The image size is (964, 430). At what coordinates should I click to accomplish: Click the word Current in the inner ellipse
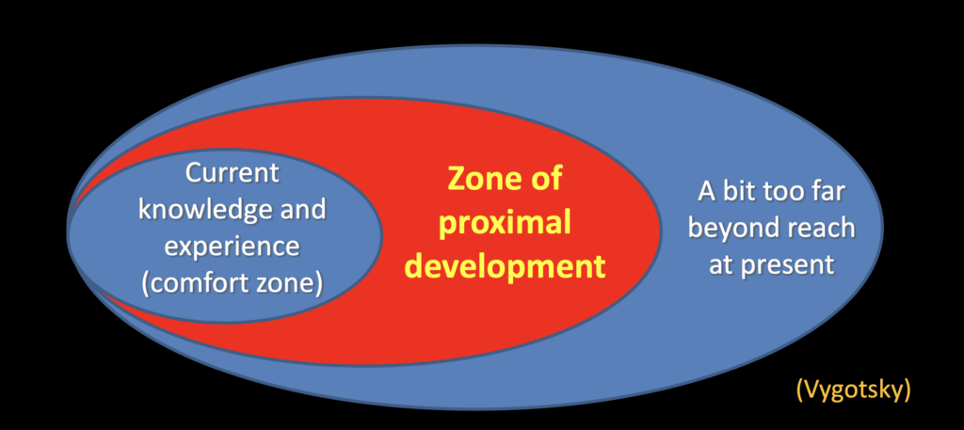pyautogui.click(x=232, y=173)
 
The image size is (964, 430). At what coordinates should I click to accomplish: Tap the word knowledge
pyautogui.click(x=197, y=211)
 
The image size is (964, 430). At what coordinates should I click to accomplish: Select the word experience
pyautogui.click(x=233, y=248)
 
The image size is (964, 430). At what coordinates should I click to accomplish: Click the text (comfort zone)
pyautogui.click(x=233, y=284)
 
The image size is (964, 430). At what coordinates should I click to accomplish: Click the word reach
pyautogui.click(x=818, y=229)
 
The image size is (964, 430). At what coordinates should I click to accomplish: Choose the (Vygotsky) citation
pyautogui.click(x=853, y=390)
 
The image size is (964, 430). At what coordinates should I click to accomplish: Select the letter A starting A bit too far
pyautogui.click(x=706, y=192)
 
